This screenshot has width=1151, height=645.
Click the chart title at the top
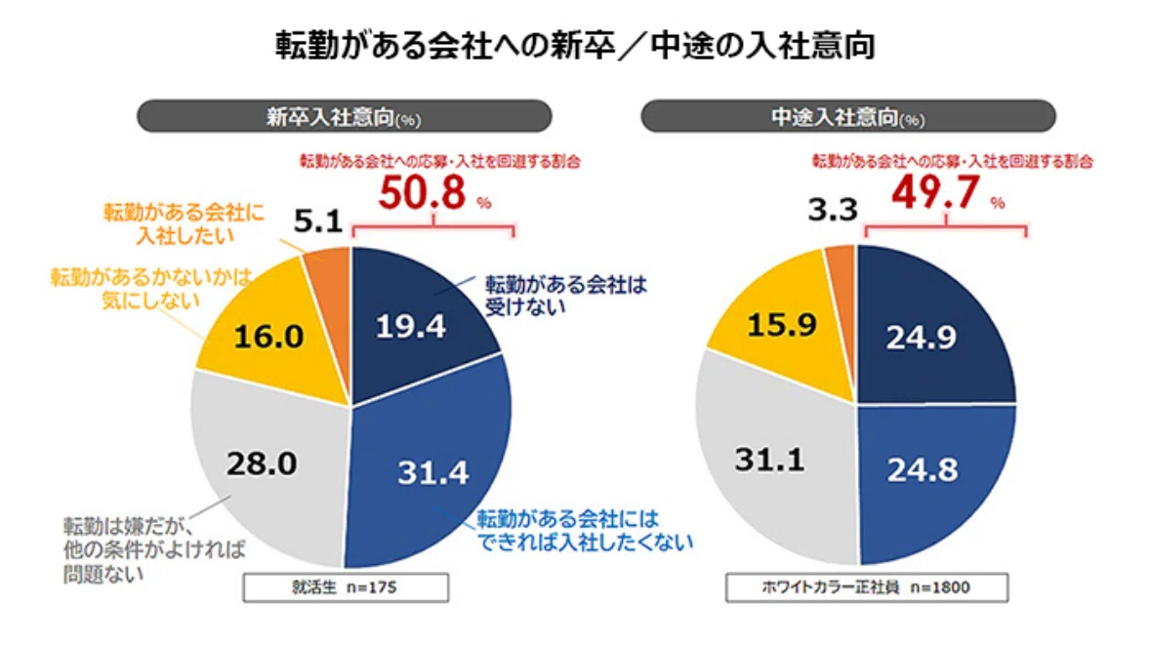coord(575,46)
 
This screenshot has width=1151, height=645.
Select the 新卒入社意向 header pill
coord(345,116)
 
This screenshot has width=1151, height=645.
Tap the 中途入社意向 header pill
coord(847,116)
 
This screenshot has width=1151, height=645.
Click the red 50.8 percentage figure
coord(423,193)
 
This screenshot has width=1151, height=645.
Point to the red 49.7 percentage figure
coord(935,192)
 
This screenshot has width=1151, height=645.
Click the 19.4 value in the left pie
coord(410,327)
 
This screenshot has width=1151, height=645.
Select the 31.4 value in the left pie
coord(433,472)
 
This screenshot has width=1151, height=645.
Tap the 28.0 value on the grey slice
coord(262,464)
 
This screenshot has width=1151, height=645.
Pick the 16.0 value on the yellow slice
coord(268,337)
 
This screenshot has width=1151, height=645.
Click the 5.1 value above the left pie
coord(318,221)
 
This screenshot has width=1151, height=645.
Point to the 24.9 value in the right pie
coord(922,338)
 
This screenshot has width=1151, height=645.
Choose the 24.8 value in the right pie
coord(922,470)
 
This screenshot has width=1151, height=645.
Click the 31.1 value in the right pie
coord(770,460)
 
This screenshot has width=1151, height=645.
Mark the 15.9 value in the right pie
coord(782,324)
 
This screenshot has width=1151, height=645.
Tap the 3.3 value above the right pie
coord(833,210)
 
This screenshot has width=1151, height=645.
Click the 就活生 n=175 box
coord(346,587)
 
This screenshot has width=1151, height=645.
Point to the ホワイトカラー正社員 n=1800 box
coord(867,587)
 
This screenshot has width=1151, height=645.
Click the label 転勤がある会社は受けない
coord(566,296)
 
